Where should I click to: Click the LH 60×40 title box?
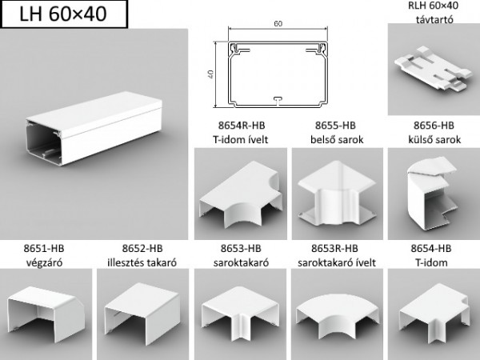[64, 14]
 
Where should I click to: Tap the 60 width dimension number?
[278, 23]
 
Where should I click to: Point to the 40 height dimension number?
[211, 74]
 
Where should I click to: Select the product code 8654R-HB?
[242, 126]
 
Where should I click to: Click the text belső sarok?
[337, 139]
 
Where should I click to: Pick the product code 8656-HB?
[434, 126]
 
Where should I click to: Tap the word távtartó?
[434, 19]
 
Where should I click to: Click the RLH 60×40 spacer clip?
[433, 68]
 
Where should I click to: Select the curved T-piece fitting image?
[241, 194]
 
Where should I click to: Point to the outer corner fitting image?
[432, 193]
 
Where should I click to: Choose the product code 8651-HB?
[44, 248]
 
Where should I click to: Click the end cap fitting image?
[46, 314]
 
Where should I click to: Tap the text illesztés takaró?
[142, 262]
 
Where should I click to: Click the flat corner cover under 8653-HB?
[241, 315]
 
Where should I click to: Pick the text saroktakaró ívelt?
[337, 262]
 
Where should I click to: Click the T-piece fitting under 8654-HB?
[434, 312]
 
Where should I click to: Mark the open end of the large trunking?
[44, 142]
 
